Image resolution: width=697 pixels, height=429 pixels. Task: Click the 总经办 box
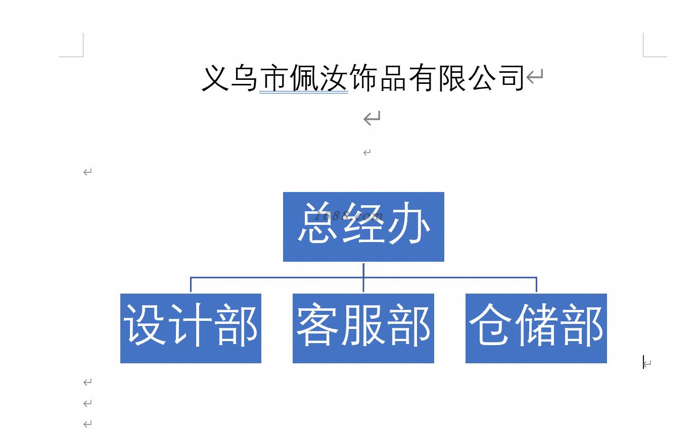(363, 227)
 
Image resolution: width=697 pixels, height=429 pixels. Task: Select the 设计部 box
(191, 328)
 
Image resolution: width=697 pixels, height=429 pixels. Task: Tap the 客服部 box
(363, 328)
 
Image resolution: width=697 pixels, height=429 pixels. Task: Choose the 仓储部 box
(536, 328)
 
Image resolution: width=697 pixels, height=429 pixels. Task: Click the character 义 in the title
(215, 78)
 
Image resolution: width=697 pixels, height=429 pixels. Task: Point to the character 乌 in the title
(244, 78)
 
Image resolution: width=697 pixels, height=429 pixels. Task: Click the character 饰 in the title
(362, 78)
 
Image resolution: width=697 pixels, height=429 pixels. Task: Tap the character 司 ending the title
(511, 78)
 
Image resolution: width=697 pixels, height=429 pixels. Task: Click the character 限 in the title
(452, 78)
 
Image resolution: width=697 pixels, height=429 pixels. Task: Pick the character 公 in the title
(482, 78)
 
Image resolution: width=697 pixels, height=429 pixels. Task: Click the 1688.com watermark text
(348, 215)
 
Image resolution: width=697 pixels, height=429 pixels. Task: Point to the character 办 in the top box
(409, 222)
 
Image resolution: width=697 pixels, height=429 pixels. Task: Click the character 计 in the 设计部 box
(191, 324)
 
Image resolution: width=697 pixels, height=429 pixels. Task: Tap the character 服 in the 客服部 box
(363, 324)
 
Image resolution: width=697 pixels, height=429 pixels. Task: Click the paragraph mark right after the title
(535, 76)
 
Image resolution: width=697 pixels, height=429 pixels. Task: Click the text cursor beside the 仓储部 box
(643, 362)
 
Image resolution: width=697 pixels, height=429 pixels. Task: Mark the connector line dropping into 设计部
(191, 284)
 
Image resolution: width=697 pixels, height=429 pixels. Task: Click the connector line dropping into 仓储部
(536, 284)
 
